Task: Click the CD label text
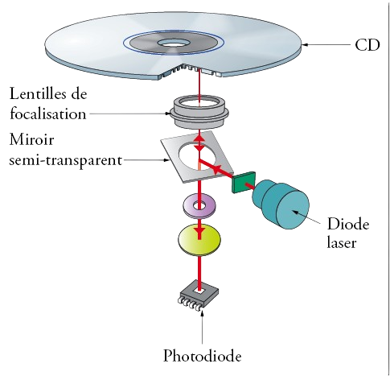click(367, 45)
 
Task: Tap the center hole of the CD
click(174, 43)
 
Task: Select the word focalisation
click(48, 114)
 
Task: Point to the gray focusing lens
click(199, 112)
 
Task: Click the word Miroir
click(31, 139)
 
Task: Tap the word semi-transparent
click(66, 160)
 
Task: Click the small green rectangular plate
click(244, 182)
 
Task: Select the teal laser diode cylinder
click(281, 204)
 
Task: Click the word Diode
click(348, 224)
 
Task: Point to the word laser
click(342, 242)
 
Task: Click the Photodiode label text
click(203, 356)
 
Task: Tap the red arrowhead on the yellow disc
click(199, 231)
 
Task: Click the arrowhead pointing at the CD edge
click(305, 45)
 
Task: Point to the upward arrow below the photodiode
click(202, 327)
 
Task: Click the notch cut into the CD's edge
click(191, 71)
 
